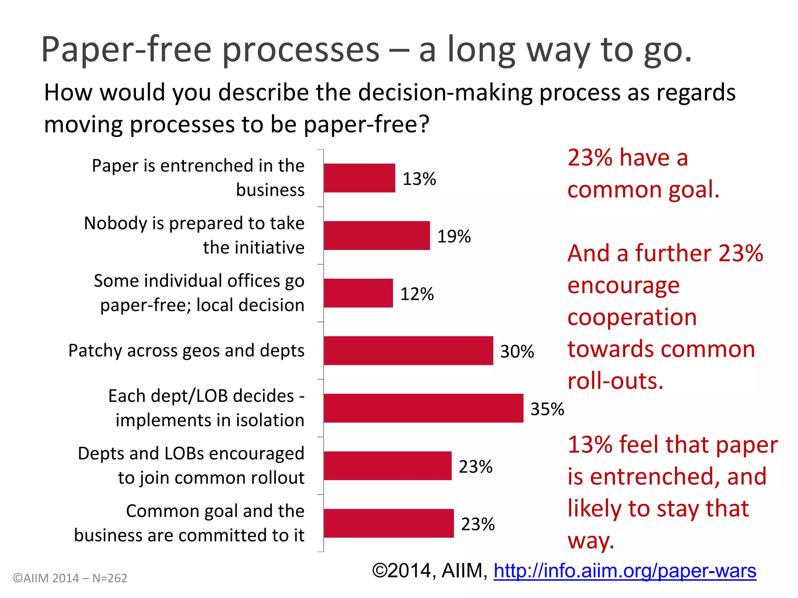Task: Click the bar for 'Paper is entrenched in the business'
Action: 359,178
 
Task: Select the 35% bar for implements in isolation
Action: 423,408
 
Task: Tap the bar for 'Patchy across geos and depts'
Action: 408,350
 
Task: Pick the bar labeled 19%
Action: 376,236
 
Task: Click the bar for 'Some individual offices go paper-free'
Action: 358,293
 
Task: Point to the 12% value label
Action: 417,294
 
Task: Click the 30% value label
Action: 517,352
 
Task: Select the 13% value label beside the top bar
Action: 419,179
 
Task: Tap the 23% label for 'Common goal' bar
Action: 478,524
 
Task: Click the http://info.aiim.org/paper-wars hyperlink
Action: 625,571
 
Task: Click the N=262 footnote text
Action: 110,578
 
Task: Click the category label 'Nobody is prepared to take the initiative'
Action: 194,235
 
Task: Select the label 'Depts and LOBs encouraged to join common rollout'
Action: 191,465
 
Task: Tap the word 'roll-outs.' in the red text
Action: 615,381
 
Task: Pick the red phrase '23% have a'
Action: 627,158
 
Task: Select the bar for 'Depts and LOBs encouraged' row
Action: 387,466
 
